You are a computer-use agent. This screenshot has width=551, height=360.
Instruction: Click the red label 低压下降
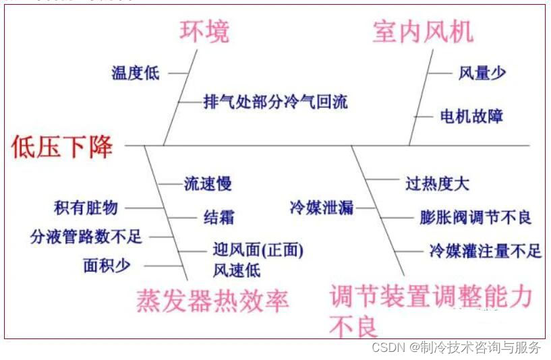pyautogui.click(x=62, y=146)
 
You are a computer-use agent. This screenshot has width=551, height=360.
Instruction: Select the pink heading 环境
pyautogui.click(x=204, y=32)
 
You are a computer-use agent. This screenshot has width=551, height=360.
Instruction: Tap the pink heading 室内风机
pyautogui.click(x=423, y=32)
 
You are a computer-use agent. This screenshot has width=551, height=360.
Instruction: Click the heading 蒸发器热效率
pyautogui.click(x=212, y=300)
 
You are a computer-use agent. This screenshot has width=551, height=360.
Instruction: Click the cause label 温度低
pyautogui.click(x=136, y=73)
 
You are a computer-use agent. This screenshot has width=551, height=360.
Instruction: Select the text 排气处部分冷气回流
pyautogui.click(x=276, y=102)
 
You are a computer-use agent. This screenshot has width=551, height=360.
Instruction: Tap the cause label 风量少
pyautogui.click(x=482, y=73)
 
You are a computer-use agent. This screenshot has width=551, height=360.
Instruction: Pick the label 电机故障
pyautogui.click(x=471, y=116)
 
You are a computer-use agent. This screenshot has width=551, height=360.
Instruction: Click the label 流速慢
pyautogui.click(x=208, y=183)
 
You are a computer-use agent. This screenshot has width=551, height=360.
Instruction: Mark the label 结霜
pyautogui.click(x=219, y=217)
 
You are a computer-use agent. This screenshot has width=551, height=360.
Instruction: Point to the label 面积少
pyautogui.click(x=107, y=266)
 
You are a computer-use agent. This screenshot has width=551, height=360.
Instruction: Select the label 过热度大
pyautogui.click(x=437, y=183)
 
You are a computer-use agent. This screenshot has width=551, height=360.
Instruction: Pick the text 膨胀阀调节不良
pyautogui.click(x=475, y=217)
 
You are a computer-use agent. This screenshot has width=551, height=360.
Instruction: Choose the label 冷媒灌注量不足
pyautogui.click(x=485, y=251)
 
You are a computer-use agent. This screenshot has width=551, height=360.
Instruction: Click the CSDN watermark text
pyautogui.click(x=457, y=347)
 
